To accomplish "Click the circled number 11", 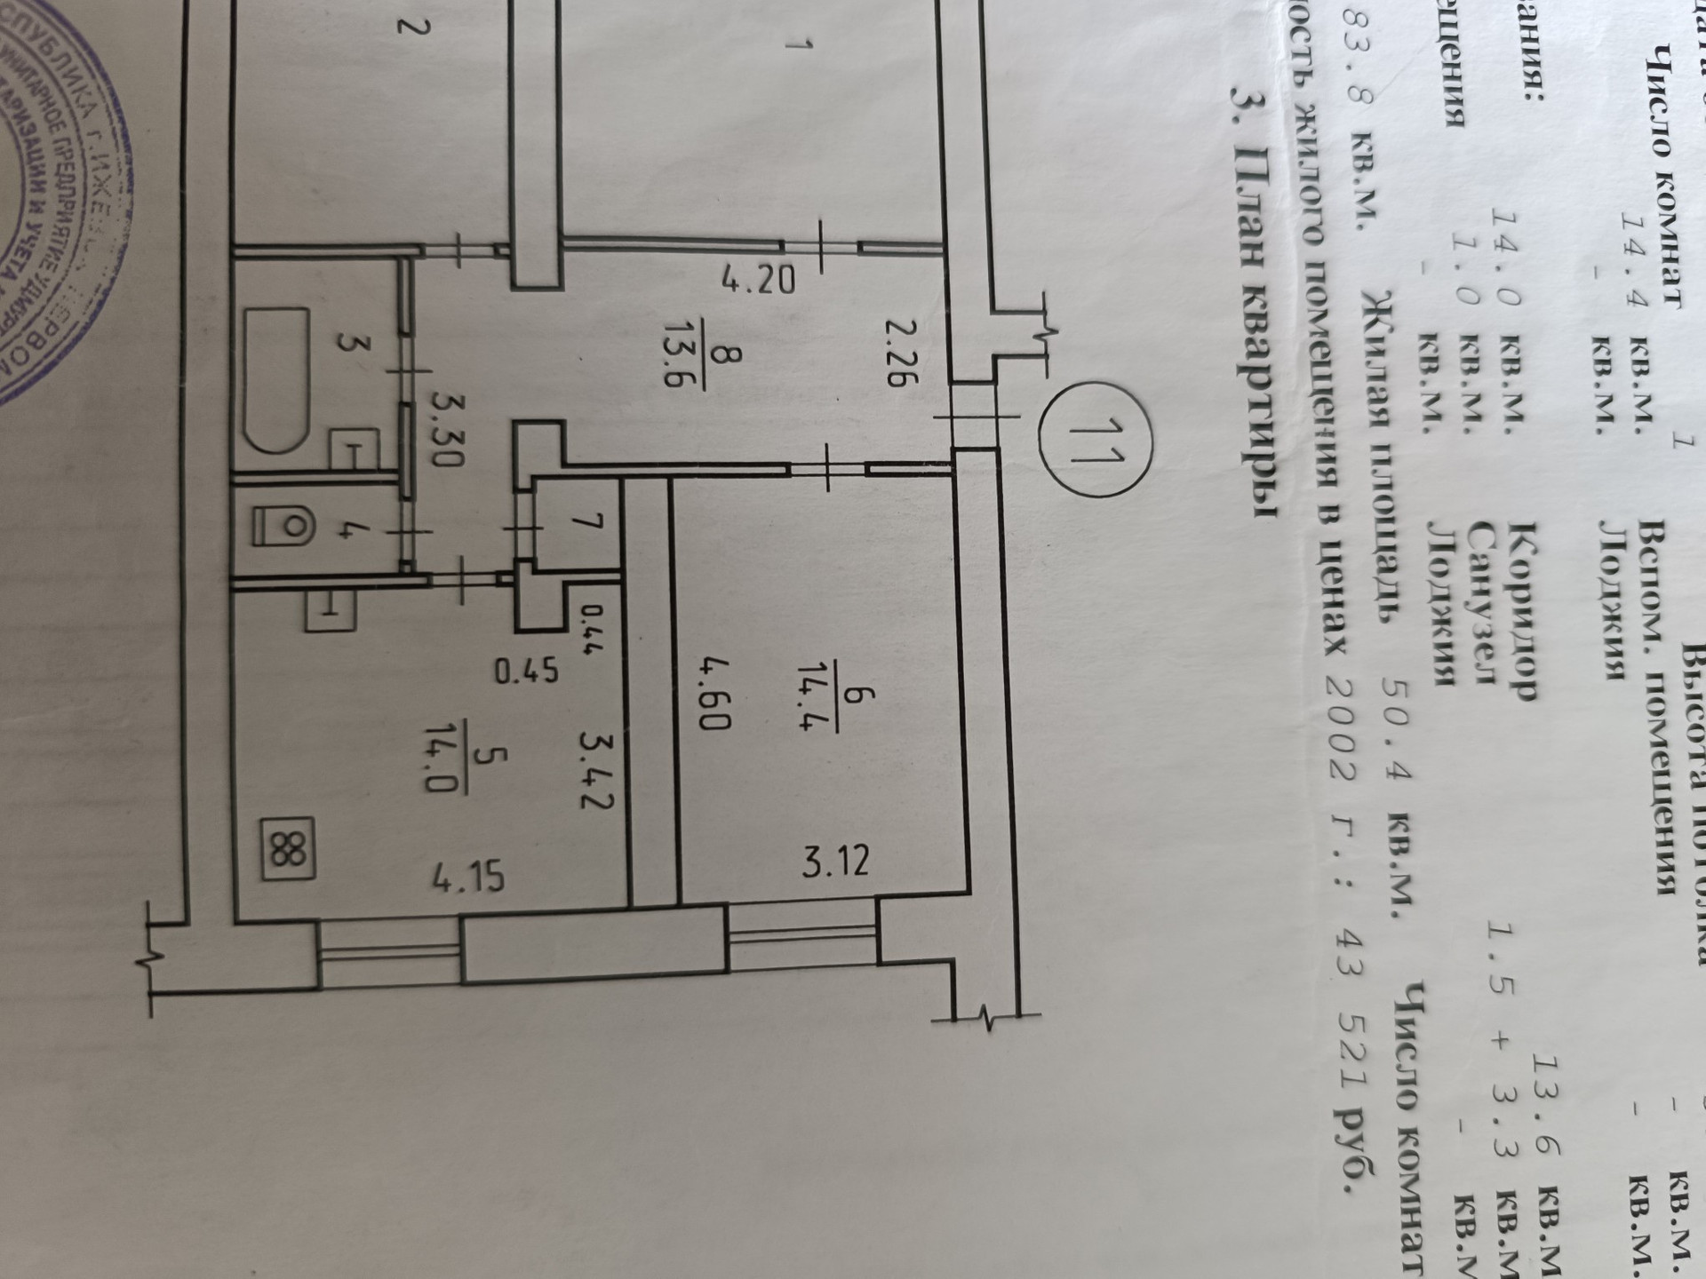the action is click(1095, 441).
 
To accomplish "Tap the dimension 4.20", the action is click(757, 282).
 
